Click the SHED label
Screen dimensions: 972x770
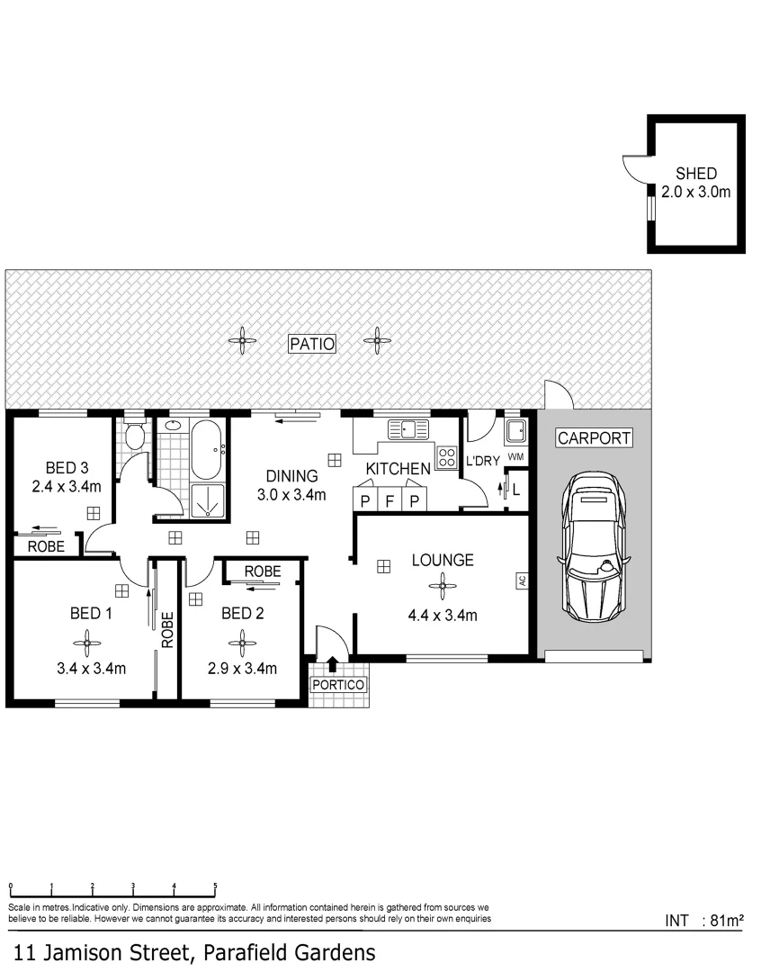[695, 174]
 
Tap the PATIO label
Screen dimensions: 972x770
[312, 343]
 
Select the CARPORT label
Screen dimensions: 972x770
[594, 439]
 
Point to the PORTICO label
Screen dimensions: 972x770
[338, 685]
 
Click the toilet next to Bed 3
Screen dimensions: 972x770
[134, 437]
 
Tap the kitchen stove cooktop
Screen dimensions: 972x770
[447, 456]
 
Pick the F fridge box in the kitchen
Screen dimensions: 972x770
[389, 501]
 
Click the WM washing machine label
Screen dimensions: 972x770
[515, 458]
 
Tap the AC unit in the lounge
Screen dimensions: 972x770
[521, 580]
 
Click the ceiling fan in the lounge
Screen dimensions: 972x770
[442, 588]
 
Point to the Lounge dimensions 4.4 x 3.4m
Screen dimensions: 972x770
[443, 616]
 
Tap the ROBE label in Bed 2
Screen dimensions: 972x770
[262, 571]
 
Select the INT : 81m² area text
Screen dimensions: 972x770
[703, 921]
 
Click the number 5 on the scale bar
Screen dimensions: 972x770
[215, 886]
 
